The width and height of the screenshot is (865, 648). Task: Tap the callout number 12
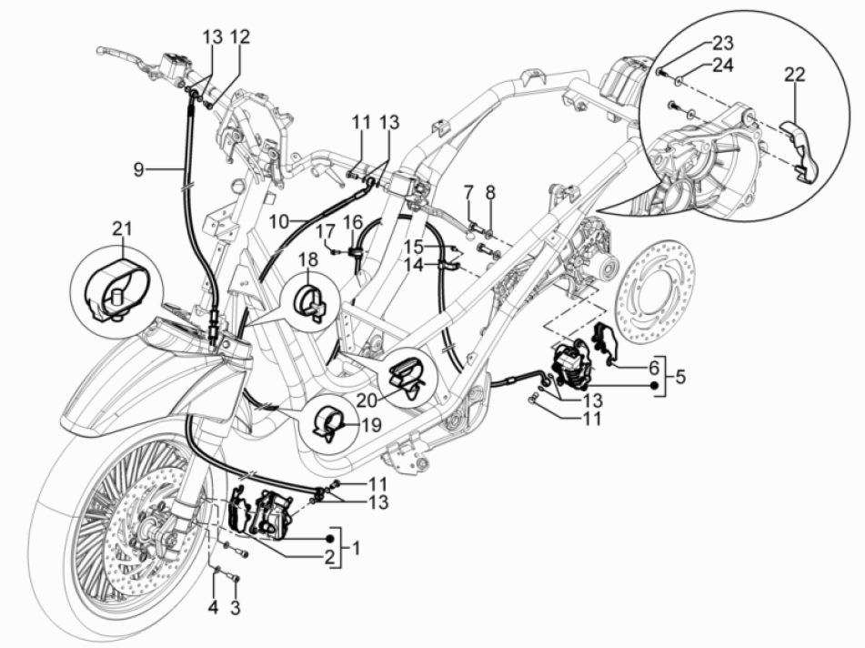tap(239, 36)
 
